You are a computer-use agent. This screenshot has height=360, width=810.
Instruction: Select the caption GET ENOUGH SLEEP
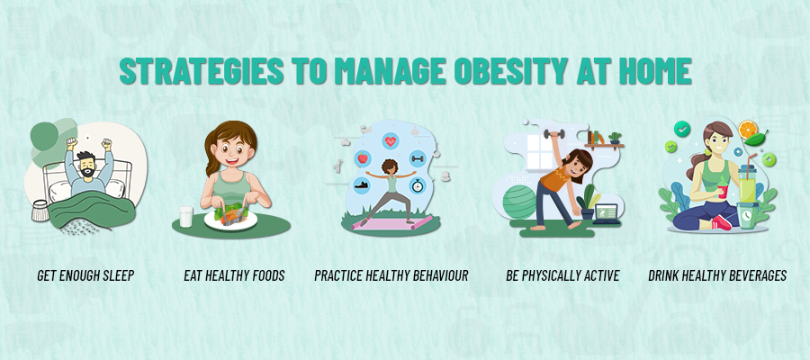pyautogui.click(x=85, y=275)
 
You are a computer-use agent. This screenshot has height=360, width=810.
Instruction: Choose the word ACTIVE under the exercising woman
pyautogui.click(x=598, y=275)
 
